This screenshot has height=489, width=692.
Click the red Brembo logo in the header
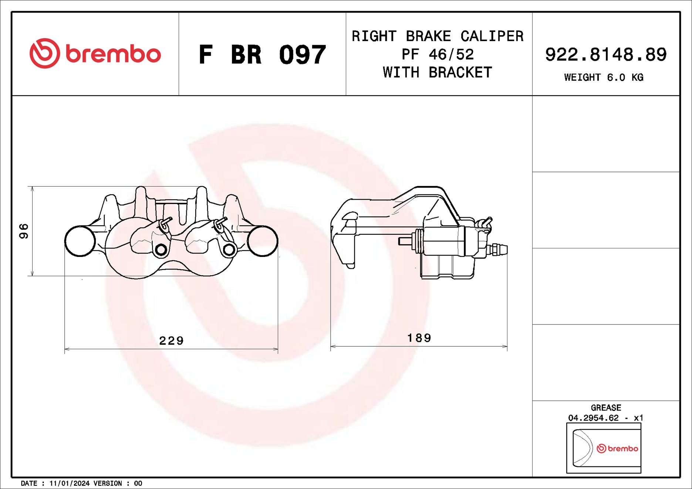pos(95,54)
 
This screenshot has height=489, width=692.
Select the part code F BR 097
pos(262,55)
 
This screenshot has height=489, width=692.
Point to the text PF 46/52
pos(438,55)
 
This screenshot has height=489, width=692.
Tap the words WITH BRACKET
pos(438,72)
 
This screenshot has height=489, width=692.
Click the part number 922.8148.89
pos(605,55)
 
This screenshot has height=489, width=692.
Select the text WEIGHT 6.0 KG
pos(604,78)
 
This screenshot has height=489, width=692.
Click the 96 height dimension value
pos(24,231)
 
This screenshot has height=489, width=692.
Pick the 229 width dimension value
pos(171,340)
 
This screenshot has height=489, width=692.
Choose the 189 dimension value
pos(419,338)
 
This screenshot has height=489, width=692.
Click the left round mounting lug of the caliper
pos(80,241)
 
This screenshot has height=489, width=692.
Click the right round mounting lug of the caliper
pos(263,241)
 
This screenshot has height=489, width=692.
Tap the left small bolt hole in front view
pos(161,250)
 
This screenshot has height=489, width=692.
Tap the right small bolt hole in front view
pos(229,250)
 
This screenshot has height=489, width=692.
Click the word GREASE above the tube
pos(605,408)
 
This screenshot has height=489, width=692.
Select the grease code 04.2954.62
pos(593,418)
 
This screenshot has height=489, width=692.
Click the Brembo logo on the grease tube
pos(617,448)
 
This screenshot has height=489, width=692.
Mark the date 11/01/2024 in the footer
pos(69,483)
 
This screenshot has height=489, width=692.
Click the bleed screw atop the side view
pos(485,223)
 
